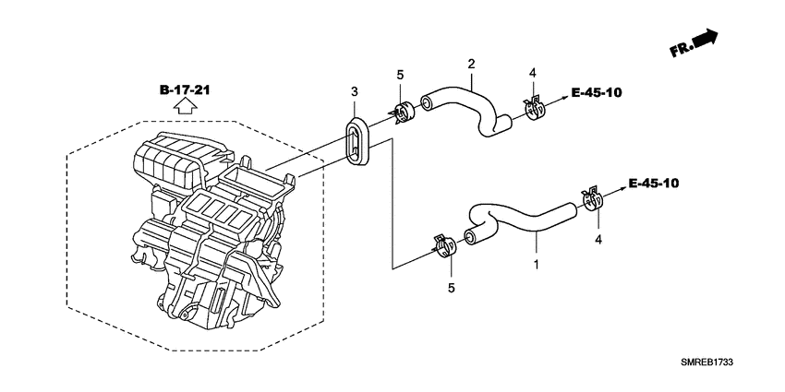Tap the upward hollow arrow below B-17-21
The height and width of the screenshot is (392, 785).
(185, 108)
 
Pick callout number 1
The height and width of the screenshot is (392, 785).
(537, 265)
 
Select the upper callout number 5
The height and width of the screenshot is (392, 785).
(400, 75)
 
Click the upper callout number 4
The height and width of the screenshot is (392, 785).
(532, 73)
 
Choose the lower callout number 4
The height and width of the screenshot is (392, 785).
(598, 240)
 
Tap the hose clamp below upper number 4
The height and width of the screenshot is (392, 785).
(533, 107)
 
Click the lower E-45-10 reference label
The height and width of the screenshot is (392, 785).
(653, 183)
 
